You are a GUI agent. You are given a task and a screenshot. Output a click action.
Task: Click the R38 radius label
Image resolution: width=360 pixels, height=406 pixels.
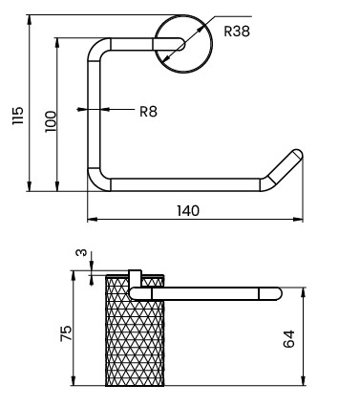237,32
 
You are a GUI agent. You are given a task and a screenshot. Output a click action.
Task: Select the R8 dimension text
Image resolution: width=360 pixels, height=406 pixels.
148,112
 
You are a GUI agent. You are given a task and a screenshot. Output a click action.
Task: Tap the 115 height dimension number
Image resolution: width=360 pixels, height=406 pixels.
18,116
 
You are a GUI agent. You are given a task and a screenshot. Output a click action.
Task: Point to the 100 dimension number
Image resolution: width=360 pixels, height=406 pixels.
51,121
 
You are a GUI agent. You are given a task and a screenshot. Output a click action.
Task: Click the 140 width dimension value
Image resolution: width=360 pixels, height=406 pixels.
188,211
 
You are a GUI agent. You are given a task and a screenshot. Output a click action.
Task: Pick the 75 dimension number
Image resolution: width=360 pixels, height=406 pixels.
66,333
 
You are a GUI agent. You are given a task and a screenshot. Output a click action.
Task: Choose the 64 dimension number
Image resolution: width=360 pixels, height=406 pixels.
289,338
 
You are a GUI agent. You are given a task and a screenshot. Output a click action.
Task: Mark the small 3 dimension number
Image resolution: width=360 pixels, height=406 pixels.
82,252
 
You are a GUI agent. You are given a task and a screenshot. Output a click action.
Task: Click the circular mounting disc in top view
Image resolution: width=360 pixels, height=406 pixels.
183,44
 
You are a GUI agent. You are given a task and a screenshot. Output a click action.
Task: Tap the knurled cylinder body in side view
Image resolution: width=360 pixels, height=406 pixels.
135,331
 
